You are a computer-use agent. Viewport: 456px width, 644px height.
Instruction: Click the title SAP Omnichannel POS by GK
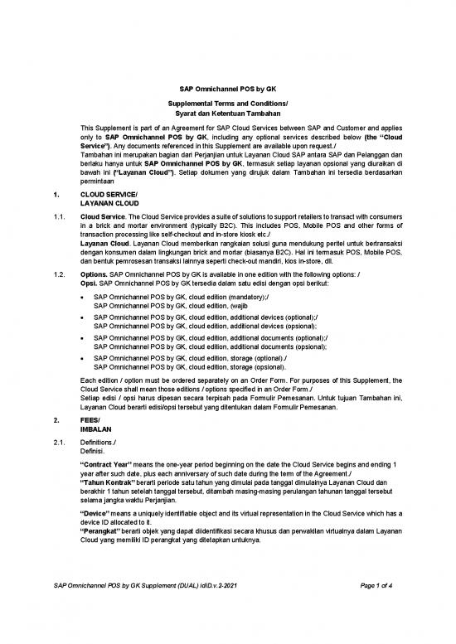click(x=227, y=90)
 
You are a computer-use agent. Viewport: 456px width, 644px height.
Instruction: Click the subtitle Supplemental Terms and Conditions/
click(x=227, y=103)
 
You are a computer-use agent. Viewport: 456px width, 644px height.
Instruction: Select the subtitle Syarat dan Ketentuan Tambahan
click(x=227, y=113)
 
